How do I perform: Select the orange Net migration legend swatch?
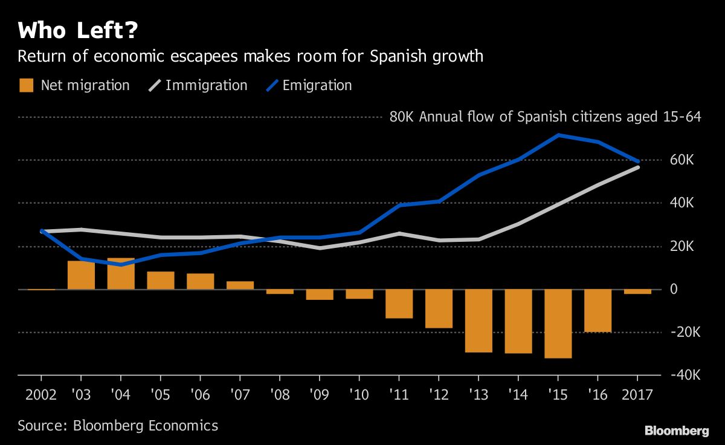(26, 85)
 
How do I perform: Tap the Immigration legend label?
(206, 85)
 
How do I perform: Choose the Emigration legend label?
(317, 85)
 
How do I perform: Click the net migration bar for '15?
(559, 323)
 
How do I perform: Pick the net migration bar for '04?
(120, 274)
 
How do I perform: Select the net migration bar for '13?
(479, 320)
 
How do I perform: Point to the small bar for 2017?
(638, 291)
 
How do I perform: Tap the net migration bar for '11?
(399, 304)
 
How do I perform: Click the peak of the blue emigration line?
(559, 135)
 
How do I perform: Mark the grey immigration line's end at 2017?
(638, 166)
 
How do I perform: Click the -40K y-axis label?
(681, 375)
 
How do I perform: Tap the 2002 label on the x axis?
(41, 396)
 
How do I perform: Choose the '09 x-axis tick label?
(320, 396)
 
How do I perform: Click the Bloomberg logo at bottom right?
(676, 430)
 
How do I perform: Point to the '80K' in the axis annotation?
(402, 117)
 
